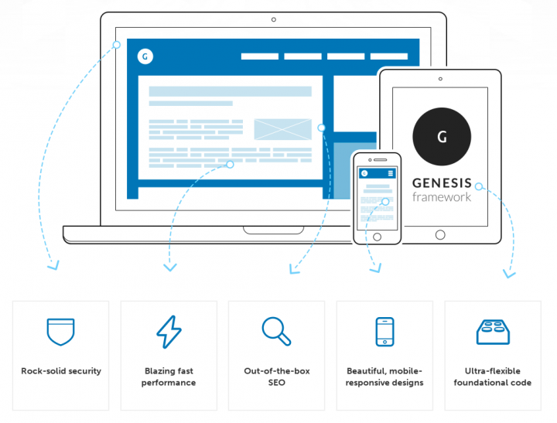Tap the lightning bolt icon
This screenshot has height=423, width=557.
point(169,331)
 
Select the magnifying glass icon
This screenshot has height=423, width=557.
point(276,331)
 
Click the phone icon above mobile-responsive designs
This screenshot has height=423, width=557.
point(384,331)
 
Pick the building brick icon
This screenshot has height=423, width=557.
point(492,331)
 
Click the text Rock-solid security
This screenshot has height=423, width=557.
point(61,371)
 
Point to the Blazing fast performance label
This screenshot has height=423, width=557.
point(169,377)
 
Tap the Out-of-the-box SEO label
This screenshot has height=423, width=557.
point(276,377)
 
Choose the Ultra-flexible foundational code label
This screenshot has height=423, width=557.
point(493,377)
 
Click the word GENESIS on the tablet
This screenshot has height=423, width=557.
point(441,183)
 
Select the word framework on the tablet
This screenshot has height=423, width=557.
point(441,197)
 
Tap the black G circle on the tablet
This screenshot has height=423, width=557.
point(441,137)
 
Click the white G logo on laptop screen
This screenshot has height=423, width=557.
point(145,56)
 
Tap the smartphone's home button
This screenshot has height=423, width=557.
point(377,236)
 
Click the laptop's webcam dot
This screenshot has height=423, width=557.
point(273,19)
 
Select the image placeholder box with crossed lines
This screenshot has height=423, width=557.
point(282,129)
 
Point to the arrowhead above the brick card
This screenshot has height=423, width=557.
point(508,273)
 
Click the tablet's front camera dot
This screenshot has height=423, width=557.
point(440,78)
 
